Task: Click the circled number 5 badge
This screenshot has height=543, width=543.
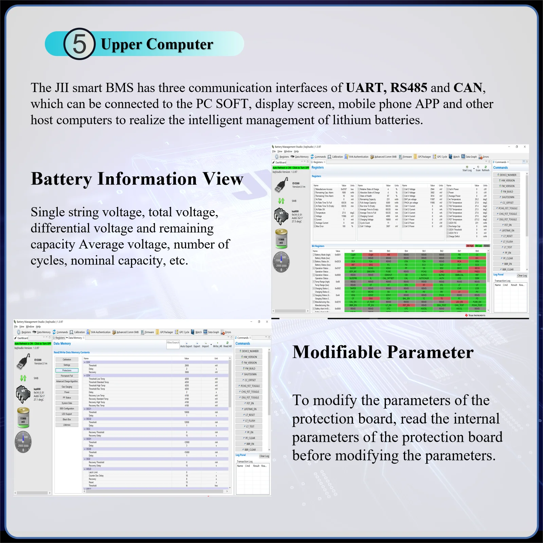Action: point(79,44)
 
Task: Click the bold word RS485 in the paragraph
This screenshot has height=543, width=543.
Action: point(409,88)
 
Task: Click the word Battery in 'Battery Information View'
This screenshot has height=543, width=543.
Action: point(61,179)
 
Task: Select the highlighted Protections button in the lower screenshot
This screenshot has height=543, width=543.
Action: point(67,370)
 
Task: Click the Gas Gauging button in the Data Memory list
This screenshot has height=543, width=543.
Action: point(67,387)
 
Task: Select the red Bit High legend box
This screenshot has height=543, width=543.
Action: point(470,246)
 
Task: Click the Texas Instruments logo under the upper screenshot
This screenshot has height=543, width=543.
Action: point(475,315)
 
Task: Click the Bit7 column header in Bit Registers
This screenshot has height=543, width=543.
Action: point(353,251)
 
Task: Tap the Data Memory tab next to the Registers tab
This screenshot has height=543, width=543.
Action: point(75,338)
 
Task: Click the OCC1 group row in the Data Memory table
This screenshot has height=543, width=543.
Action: point(89,409)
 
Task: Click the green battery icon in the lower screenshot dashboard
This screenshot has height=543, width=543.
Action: point(23,417)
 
